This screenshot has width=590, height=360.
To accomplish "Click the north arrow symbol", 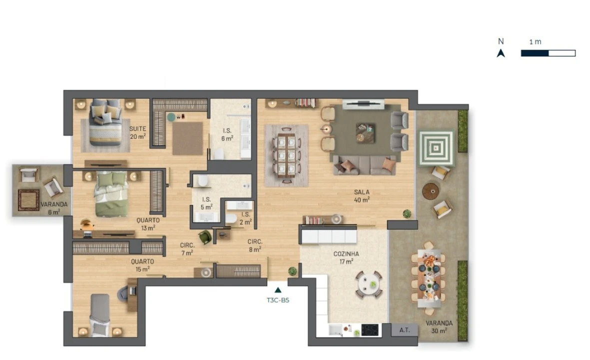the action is pyautogui.click(x=501, y=53).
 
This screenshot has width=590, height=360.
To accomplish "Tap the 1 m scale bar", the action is pyautogui.click(x=548, y=53).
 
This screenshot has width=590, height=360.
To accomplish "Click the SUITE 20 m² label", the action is pyautogui.click(x=138, y=132).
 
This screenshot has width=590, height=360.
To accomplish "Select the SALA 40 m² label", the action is pyautogui.click(x=362, y=196).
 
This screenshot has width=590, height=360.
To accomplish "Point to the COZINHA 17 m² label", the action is pyautogui.click(x=346, y=257).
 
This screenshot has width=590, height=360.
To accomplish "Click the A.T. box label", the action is pyautogui.click(x=405, y=330).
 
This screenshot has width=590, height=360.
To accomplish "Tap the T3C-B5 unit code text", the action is pyautogui.click(x=278, y=300).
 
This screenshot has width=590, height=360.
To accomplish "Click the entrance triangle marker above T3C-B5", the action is pyautogui.click(x=278, y=290).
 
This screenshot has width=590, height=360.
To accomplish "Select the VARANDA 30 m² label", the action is pyautogui.click(x=439, y=327).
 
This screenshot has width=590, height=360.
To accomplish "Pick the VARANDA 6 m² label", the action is pyautogui.click(x=54, y=208).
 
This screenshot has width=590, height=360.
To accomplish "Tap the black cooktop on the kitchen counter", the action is pyautogui.click(x=370, y=330).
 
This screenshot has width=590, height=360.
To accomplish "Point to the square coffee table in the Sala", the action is pyautogui.click(x=365, y=133).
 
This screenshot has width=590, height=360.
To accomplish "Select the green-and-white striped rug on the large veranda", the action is pyautogui.click(x=436, y=148).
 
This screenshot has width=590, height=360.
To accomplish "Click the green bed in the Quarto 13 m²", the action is pyautogui.click(x=110, y=194).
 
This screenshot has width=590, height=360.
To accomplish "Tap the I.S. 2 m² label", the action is pyautogui.click(x=245, y=218).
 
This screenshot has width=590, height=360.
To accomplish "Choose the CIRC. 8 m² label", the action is pyautogui.click(x=255, y=245).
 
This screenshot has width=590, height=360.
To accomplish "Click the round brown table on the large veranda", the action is pyautogui.click(x=431, y=191).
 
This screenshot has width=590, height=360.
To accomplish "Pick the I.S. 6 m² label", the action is pyautogui.click(x=227, y=134).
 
